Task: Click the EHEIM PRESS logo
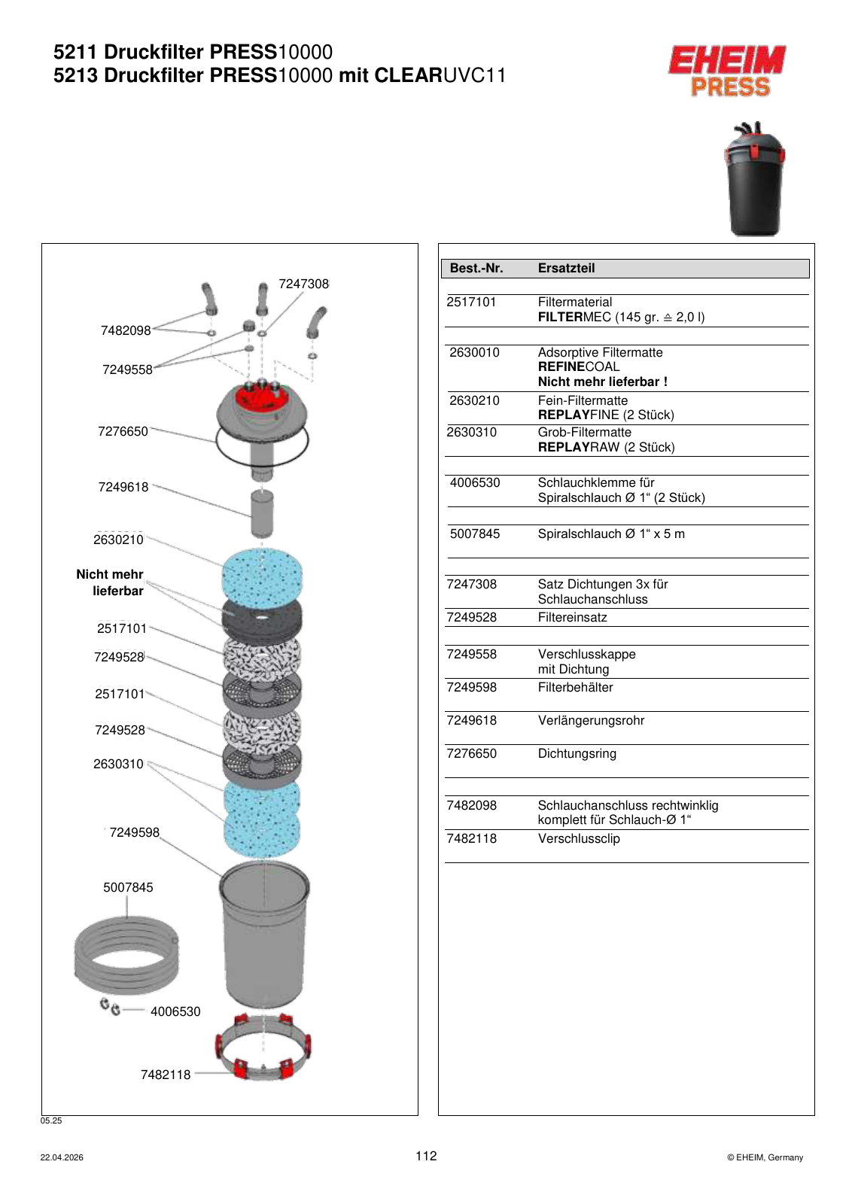tap(727, 71)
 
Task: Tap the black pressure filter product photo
tap(753, 179)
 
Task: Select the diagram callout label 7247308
tap(303, 284)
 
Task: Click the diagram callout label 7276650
tap(123, 432)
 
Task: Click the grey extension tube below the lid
tap(262, 513)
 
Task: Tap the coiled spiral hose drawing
tap(126, 955)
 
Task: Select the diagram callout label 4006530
tap(175, 1011)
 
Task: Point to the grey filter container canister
tap(263, 935)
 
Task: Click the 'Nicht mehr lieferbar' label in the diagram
tap(110, 582)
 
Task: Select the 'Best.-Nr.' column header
tap(476, 268)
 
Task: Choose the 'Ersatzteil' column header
tap(566, 268)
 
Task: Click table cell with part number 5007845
tap(475, 534)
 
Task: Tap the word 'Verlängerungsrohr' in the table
tap(591, 721)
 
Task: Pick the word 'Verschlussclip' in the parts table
tap(578, 838)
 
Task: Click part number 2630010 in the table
tap(474, 353)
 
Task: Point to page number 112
tap(426, 1156)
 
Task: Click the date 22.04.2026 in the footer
tap(62, 1158)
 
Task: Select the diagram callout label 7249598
tap(135, 832)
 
